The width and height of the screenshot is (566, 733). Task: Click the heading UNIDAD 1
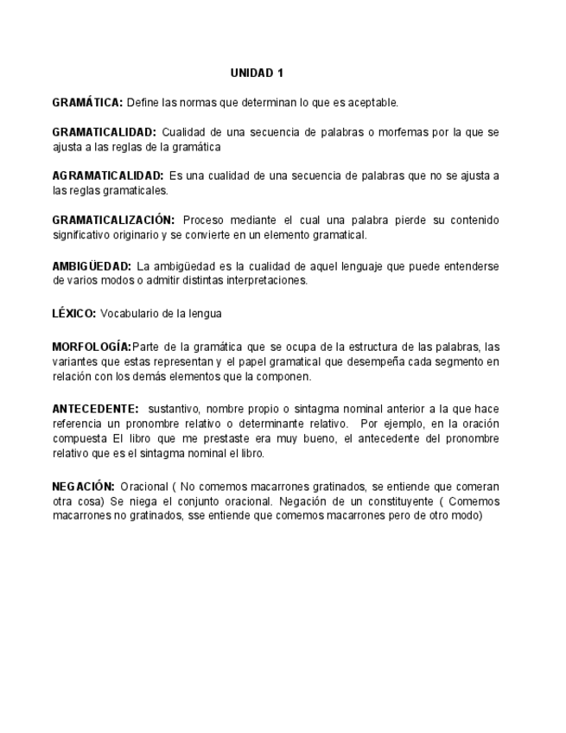pos(257,73)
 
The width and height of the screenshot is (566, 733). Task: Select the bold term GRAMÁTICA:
pos(87,103)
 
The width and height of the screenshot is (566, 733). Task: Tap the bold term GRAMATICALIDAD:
pos(104,133)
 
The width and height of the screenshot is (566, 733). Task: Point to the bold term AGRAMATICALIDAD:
pos(107,176)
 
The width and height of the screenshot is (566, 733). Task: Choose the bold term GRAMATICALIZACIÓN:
pos(113,220)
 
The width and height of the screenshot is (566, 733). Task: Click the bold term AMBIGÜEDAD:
pos(92,265)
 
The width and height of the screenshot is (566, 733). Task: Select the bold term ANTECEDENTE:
pos(95,408)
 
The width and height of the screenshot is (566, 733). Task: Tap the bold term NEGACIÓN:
pos(83,487)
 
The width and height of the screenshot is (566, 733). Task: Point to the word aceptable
pos(373,103)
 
